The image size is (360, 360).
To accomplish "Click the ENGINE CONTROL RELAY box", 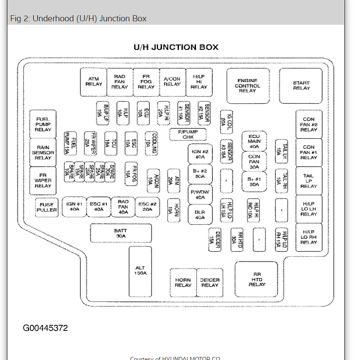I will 248,85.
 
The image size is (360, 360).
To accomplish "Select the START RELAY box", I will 301,85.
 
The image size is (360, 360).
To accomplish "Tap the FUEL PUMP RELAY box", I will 43,124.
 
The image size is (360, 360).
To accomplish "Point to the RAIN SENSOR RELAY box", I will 43,153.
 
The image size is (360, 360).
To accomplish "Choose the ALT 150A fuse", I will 140,270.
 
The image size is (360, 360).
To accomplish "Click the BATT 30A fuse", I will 121,233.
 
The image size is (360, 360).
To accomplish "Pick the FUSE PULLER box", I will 46,207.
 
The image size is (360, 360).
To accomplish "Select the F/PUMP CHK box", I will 188,134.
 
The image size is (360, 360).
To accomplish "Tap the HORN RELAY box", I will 183,282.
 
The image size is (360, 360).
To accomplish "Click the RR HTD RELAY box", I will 256,279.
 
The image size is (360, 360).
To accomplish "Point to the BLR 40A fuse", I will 200,215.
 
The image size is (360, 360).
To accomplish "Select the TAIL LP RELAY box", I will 309,181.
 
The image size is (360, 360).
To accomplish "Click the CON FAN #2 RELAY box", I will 309,124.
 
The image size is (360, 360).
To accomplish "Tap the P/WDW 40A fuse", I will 200,194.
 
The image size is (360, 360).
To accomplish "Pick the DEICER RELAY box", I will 210,282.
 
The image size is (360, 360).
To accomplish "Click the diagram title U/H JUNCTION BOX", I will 176,47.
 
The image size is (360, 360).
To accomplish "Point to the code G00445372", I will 46,328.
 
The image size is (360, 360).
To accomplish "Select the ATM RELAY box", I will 94,82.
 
